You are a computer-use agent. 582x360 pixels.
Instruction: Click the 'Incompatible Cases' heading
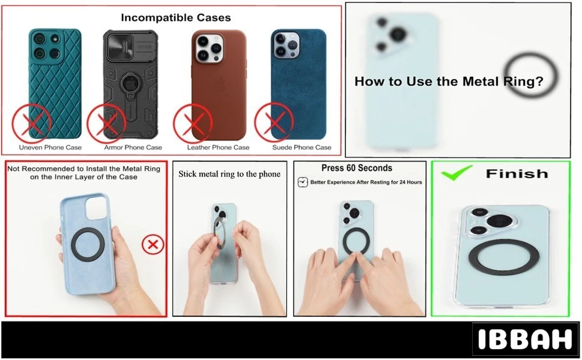tap(176, 18)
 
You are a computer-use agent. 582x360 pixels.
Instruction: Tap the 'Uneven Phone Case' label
tap(50, 147)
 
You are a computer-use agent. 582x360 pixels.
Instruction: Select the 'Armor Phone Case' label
tap(133, 147)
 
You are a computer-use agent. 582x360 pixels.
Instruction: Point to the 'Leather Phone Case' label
tap(218, 147)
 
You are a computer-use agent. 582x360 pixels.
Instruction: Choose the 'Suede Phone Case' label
tap(302, 147)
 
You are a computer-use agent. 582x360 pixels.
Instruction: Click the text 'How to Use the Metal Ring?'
tap(449, 81)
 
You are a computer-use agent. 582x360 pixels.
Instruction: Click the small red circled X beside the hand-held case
tap(153, 245)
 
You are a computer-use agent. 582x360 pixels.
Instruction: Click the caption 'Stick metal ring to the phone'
tap(229, 174)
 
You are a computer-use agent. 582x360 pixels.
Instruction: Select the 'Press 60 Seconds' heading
tap(357, 168)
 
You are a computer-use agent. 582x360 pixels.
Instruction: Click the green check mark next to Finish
tap(457, 174)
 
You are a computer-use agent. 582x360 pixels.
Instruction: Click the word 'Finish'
tap(517, 174)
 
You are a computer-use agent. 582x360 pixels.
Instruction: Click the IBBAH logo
tap(524, 340)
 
